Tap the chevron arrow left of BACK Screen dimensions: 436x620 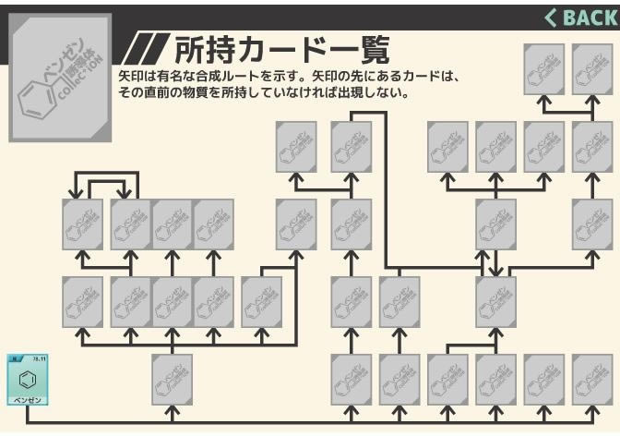click(552, 17)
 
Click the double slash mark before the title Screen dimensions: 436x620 click(146, 49)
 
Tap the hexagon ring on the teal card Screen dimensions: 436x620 click(28, 379)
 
